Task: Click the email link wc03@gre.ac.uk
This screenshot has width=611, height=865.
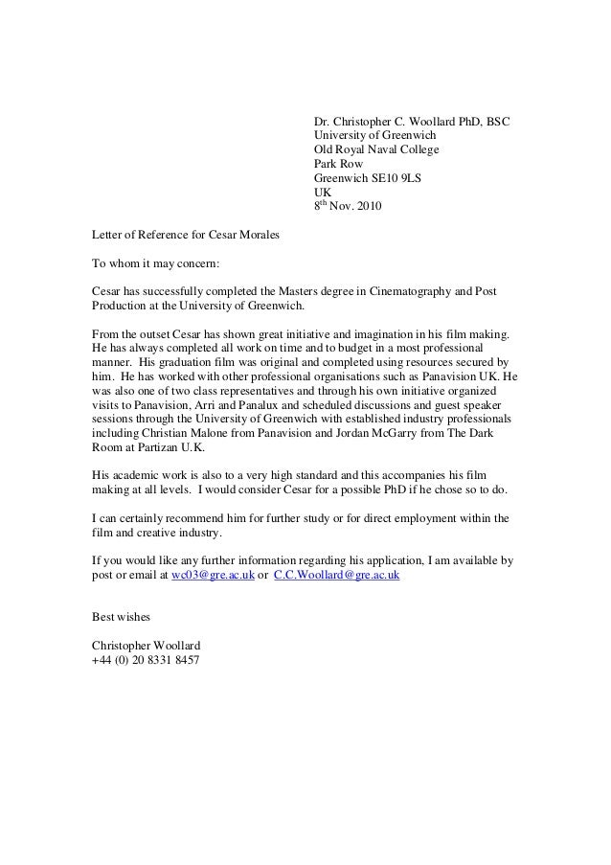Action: pos(213,574)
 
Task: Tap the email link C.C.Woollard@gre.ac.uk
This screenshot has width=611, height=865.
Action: pos(337,574)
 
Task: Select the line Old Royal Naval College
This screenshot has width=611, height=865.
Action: pos(377,150)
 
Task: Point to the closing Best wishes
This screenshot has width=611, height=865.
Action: pos(120,616)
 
